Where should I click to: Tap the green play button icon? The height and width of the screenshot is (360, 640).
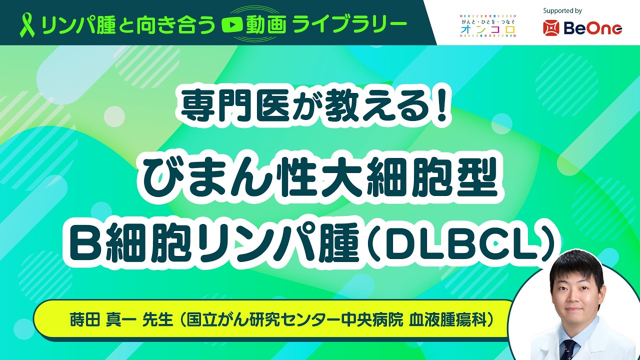[232, 25]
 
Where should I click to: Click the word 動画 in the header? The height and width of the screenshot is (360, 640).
[266, 25]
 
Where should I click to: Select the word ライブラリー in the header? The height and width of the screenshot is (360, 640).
[349, 25]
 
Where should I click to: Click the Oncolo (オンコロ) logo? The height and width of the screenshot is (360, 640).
[487, 26]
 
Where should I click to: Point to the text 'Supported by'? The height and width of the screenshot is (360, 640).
[562, 11]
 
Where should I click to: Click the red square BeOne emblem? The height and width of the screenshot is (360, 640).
[551, 28]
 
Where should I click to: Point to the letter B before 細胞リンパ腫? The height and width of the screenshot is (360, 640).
[85, 242]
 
